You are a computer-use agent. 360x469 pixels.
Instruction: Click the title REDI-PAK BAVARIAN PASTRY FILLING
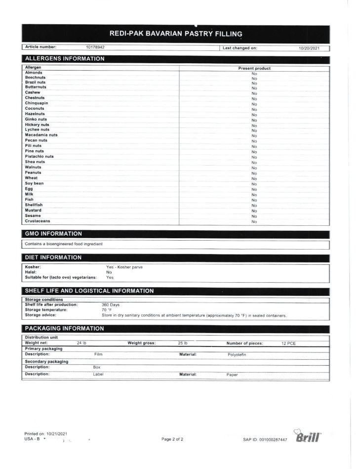click(x=176, y=34)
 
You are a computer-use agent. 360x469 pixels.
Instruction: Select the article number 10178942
click(x=95, y=48)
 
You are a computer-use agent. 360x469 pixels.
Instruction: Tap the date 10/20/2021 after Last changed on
click(x=309, y=48)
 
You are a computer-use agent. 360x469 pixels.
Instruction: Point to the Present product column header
click(x=254, y=68)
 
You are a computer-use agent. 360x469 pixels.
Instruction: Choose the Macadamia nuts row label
click(x=41, y=135)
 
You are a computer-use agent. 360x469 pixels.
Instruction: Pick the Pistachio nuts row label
click(x=39, y=157)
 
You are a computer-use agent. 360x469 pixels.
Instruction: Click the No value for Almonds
click(x=254, y=73)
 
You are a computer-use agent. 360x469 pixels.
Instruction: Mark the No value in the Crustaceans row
click(x=254, y=222)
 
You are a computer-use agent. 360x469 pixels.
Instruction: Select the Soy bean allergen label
click(x=34, y=183)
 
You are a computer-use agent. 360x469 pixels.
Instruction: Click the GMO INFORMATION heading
click(x=53, y=234)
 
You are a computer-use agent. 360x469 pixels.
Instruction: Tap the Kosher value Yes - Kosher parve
click(x=124, y=267)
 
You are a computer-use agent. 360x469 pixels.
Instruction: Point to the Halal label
click(x=31, y=272)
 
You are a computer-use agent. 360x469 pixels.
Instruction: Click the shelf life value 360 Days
click(x=110, y=305)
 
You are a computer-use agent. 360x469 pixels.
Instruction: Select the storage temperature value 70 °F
click(x=107, y=310)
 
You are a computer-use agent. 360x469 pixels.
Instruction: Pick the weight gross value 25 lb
click(x=182, y=343)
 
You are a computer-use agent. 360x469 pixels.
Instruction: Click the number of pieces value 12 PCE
click(x=288, y=343)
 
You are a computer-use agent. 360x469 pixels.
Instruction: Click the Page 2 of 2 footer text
click(x=172, y=439)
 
